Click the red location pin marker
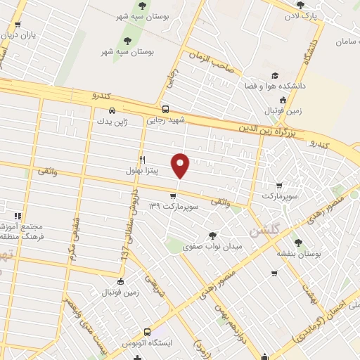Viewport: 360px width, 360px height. (181, 165)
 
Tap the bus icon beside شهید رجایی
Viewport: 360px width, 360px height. (165, 110)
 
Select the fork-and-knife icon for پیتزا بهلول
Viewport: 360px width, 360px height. (143, 160)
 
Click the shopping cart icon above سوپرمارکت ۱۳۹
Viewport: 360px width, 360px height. (174, 195)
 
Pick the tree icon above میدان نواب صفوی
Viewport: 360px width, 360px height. (213, 236)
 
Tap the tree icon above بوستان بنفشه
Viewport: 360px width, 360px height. (298, 243)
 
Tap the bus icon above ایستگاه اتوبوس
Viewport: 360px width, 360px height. (147, 332)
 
